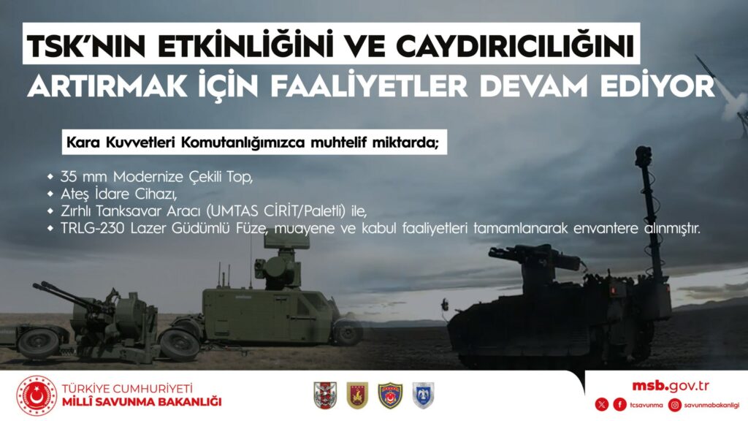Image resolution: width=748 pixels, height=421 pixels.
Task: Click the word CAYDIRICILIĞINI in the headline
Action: click(516, 46)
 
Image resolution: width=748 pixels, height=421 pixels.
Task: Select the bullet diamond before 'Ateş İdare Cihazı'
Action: click(50, 194)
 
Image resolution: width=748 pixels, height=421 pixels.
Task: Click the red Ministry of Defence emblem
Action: click(37, 395)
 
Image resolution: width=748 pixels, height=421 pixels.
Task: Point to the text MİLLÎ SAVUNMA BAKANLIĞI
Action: click(142, 402)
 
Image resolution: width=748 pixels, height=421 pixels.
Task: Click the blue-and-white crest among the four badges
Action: click(423, 395)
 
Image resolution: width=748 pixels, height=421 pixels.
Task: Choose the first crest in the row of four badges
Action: click(325, 395)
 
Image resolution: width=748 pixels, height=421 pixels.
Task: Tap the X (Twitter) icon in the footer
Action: click(602, 405)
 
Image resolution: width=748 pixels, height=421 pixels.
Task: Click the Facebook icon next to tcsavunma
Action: click(619, 405)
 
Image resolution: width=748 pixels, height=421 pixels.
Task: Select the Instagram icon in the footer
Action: click(674, 405)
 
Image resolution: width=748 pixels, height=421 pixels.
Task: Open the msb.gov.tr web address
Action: click(671, 386)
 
